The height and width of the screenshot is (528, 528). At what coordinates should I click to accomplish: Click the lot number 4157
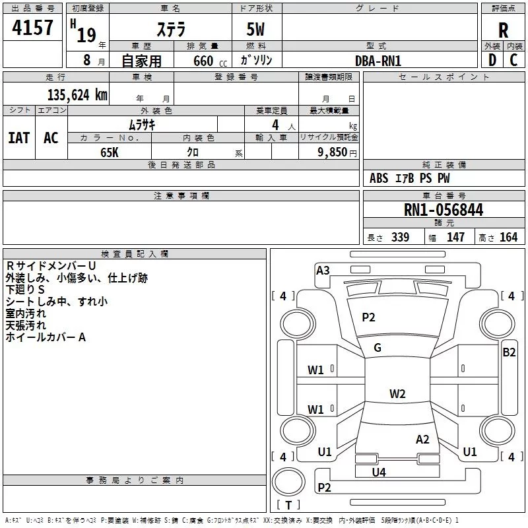point(33,28)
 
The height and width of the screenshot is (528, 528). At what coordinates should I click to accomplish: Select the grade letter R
point(503,30)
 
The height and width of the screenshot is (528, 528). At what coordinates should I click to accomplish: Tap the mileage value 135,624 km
point(77,94)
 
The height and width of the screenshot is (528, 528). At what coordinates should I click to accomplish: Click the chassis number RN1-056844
point(444,210)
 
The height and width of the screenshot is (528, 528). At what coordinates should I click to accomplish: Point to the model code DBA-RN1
point(378,60)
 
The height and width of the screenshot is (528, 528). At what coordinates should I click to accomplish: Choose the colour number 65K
point(110,151)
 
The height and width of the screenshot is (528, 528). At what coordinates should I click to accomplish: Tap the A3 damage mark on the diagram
point(323,270)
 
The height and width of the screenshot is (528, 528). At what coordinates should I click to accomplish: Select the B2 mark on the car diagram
point(509,352)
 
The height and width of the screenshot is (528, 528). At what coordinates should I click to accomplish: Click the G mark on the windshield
point(378,348)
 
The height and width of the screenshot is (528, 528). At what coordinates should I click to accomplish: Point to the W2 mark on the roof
point(397,394)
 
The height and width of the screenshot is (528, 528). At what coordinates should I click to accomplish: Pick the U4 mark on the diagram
point(379,472)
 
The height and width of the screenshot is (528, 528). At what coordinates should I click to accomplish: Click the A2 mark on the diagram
point(422,440)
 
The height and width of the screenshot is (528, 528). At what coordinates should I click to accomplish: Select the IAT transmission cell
point(18,137)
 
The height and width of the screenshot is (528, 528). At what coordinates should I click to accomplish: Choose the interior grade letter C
point(513,60)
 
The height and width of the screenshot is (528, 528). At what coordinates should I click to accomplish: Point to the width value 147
point(455,238)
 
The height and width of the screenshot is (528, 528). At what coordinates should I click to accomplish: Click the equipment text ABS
point(379,178)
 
